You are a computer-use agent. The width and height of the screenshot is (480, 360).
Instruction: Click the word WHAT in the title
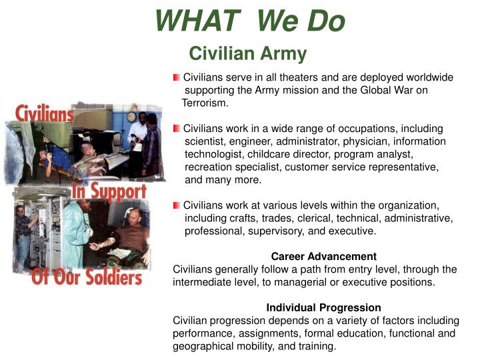[x=197, y=22]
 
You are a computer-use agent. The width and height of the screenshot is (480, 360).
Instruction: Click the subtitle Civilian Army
[x=247, y=53]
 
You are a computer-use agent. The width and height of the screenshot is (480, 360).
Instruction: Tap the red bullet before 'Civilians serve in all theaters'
[x=177, y=78]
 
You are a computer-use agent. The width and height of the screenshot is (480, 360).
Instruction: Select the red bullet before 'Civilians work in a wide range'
[x=177, y=128]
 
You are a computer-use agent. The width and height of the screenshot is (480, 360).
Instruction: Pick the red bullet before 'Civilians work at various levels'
[x=177, y=205]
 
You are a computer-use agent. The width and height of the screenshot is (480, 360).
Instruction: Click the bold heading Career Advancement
[x=323, y=257]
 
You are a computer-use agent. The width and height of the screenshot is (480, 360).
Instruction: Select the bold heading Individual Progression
[x=323, y=308]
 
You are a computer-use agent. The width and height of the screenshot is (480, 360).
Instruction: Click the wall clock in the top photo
[x=132, y=108]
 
